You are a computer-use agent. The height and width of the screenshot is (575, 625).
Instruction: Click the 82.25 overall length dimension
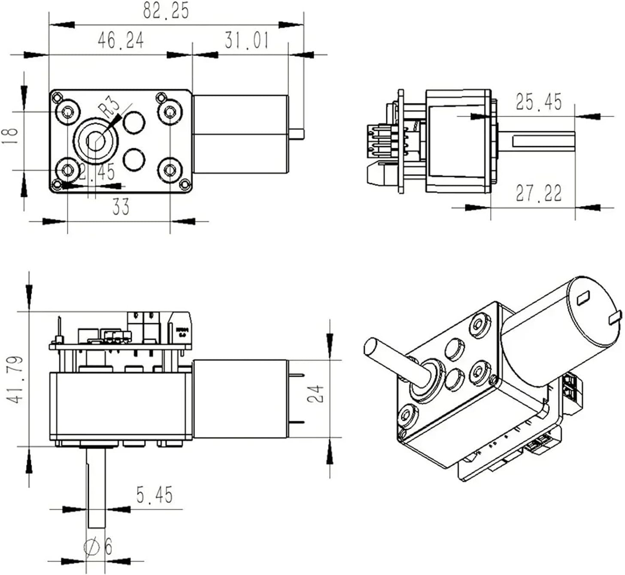click(166, 11)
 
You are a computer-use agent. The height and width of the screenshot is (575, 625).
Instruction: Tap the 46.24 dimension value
click(121, 40)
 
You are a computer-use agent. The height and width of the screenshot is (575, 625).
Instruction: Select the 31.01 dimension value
click(246, 40)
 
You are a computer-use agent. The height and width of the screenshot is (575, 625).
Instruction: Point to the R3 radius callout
click(108, 108)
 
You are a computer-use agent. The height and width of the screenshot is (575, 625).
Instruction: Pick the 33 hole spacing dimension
click(121, 207)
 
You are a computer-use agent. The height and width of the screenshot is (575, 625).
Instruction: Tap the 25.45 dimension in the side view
click(538, 102)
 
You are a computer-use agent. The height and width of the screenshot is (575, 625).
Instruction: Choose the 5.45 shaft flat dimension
click(155, 495)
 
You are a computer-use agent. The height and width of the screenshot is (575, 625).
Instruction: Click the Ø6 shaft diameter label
click(98, 547)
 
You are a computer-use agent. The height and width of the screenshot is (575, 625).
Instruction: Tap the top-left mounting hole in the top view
click(67, 112)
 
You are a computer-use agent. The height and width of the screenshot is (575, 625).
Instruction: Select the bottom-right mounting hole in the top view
click(170, 170)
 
